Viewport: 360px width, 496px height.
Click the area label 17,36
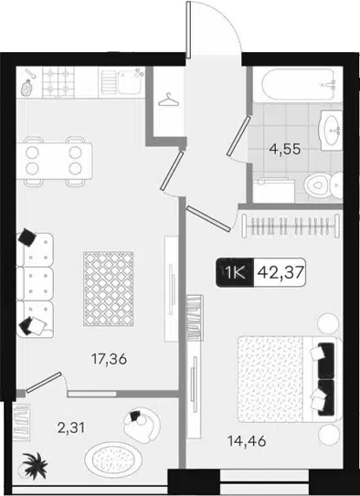click(109, 359)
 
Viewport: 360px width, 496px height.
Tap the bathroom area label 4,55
click(284, 149)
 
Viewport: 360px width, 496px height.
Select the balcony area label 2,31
click(71, 428)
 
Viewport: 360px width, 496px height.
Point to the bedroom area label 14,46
click(247, 441)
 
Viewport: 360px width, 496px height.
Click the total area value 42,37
click(281, 272)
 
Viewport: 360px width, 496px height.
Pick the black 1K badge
click(235, 272)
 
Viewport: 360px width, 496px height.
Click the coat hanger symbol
click(169, 100)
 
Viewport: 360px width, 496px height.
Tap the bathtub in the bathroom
click(298, 84)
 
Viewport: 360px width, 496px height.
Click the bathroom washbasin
click(332, 130)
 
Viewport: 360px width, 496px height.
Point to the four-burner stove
click(58, 82)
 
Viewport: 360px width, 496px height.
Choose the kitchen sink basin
click(130, 82)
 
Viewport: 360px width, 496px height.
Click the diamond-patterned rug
click(108, 289)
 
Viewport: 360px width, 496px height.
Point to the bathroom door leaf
click(238, 136)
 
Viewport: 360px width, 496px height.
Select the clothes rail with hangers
click(291, 226)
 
